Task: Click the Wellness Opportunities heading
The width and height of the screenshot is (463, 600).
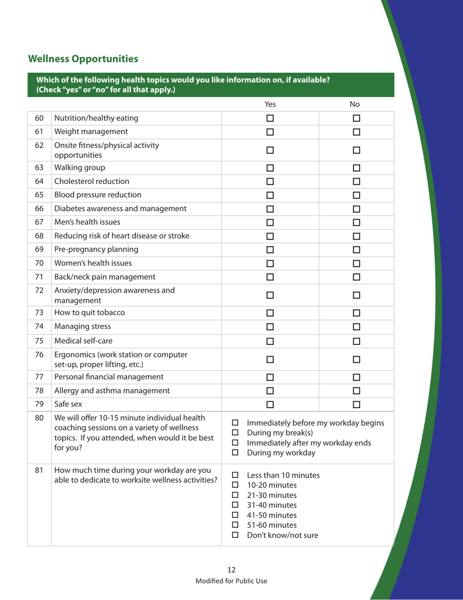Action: [x=83, y=59]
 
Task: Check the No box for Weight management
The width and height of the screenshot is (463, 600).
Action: [x=356, y=131]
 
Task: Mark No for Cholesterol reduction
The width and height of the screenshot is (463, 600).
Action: [x=356, y=182]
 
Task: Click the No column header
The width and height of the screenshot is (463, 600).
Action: [x=356, y=103]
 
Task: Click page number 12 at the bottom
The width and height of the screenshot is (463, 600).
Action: [x=231, y=570]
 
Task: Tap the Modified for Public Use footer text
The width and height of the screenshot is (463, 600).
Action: [x=231, y=580]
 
